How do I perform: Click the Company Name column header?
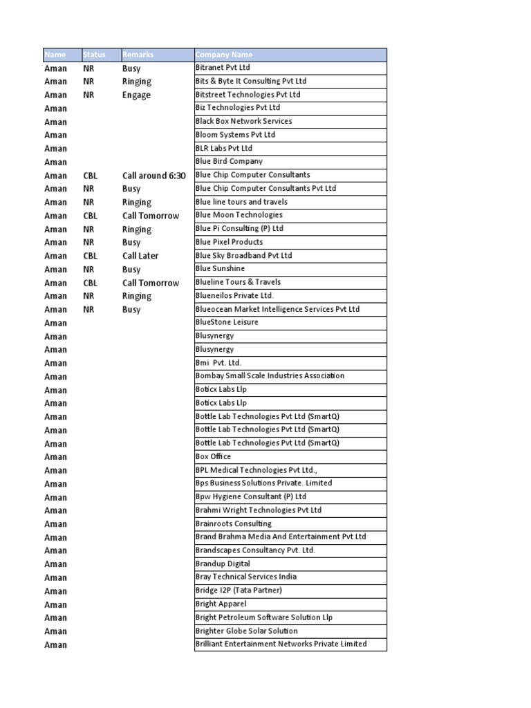224,55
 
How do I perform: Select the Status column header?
94,55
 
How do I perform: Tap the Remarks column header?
138,55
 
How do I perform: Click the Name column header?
55,55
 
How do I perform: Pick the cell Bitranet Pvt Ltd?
223,68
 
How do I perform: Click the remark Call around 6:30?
154,176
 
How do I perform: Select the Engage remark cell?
136,95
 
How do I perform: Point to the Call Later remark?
140,256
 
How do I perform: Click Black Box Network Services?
243,121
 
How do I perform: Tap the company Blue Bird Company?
229,161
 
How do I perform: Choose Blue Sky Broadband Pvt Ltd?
243,255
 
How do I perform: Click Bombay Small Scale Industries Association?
270,376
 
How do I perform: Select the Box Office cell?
213,457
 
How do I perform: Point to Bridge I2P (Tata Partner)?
239,590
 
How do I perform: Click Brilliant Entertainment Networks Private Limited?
281,644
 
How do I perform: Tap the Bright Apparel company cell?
221,604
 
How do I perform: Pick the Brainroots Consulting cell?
234,524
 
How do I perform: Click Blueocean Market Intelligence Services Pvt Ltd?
277,309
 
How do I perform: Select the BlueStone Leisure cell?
227,322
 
